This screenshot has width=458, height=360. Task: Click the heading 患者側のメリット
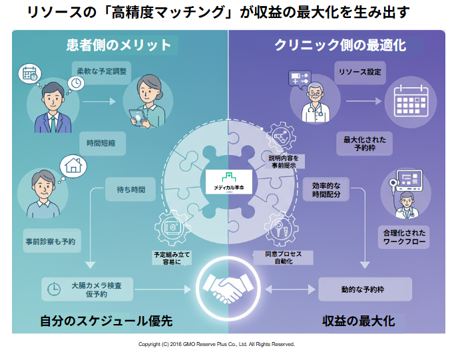pyautogui.click(x=118, y=45)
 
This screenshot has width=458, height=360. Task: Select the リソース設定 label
pyautogui.click(x=359, y=71)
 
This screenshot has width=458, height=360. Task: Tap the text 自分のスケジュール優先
pyautogui.click(x=107, y=321)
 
